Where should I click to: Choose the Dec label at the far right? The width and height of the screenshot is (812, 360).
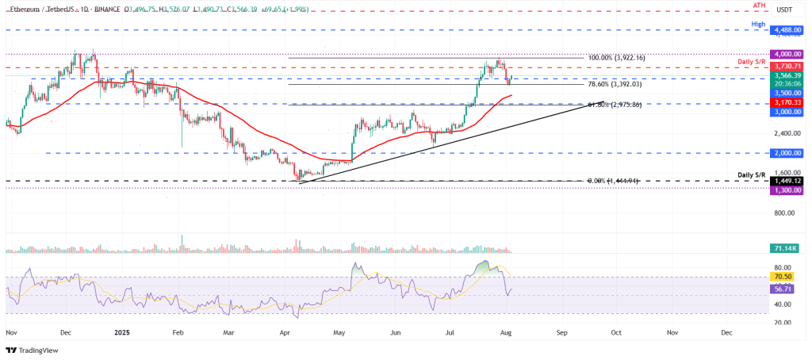tap(726, 335)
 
